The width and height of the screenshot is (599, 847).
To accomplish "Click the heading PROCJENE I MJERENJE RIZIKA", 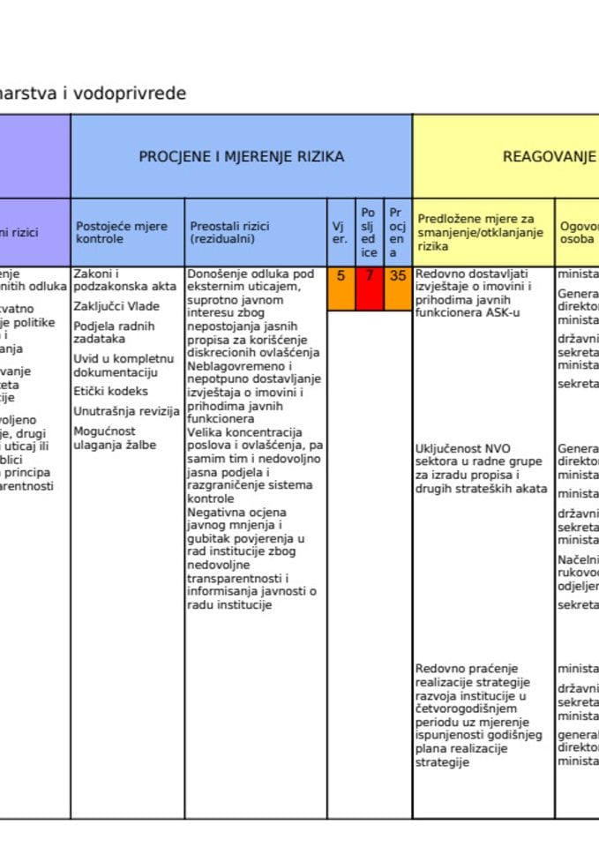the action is [241, 157].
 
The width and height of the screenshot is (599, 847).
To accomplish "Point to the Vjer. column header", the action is [340, 232].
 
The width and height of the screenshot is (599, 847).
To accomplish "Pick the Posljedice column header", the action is [369, 232].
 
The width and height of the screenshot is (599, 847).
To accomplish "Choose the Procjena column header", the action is [397, 232].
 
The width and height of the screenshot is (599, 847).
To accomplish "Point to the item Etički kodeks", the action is [111, 391].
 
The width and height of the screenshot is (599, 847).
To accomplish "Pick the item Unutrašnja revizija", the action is [126, 411].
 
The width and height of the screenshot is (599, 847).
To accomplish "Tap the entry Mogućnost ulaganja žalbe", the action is [115, 438].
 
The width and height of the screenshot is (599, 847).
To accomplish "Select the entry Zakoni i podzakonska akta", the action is [124, 280].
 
